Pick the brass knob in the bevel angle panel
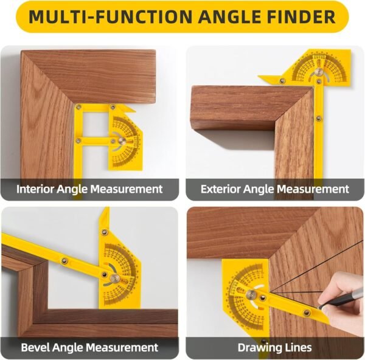(114, 279)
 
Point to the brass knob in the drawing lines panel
(251, 296)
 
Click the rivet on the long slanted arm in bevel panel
(64, 261)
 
